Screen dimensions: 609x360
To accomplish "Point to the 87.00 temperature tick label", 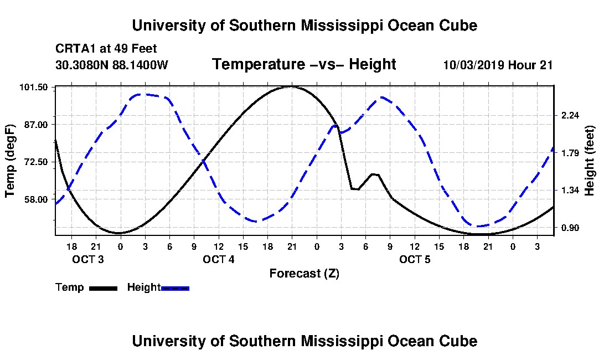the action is coord(36,125).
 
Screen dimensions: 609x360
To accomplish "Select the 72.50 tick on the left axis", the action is coord(36,162).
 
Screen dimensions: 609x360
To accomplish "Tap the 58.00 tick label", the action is coord(36,199).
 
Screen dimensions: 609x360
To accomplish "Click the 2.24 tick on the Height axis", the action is coord(570,115).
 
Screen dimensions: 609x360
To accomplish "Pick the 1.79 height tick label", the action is coord(570,153).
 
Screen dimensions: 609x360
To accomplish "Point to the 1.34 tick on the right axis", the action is coord(570,190).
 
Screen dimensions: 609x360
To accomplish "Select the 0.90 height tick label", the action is coord(570,228).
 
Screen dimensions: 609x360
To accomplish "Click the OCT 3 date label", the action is coord(88,259).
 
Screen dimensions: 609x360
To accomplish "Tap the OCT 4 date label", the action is coord(219,259).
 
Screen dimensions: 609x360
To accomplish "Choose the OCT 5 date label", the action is coord(415,259).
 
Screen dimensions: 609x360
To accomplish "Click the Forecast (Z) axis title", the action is coord(304,274).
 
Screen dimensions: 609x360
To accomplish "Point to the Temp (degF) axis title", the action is coord(10,161).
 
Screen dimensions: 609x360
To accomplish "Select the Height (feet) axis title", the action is coord(589,161).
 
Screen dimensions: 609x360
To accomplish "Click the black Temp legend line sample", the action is coord(104,289).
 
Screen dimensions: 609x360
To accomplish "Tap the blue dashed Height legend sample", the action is coord(175,289).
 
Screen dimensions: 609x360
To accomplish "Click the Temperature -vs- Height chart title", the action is coord(304,64).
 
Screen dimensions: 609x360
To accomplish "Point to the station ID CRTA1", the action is coord(76,49).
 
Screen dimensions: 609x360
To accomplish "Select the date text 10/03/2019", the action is coord(474,65).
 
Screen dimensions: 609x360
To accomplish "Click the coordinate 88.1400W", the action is coord(140,65).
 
